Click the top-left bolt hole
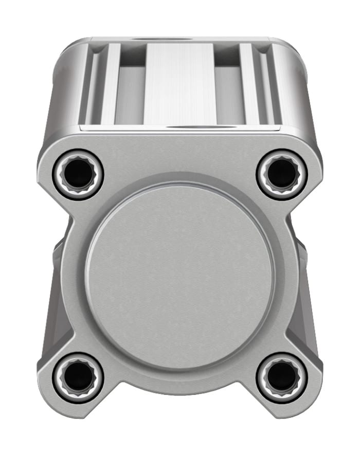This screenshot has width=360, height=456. click(78, 174)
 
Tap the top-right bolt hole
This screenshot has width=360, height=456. click(281, 174)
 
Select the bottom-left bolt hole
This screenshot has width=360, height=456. click(78, 378)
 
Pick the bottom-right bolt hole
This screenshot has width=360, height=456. click(281, 378)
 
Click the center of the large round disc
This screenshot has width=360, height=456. click(180, 277)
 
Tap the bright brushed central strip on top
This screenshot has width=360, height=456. click(179, 82)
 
